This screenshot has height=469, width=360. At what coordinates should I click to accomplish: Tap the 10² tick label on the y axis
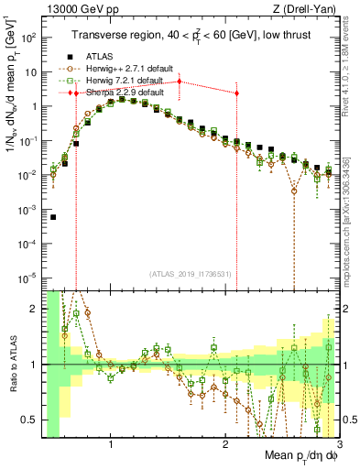click(x=29, y=38)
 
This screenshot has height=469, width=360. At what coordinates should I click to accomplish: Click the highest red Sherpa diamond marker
click(x=180, y=82)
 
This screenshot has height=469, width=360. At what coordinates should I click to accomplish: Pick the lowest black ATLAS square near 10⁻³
click(x=53, y=217)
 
